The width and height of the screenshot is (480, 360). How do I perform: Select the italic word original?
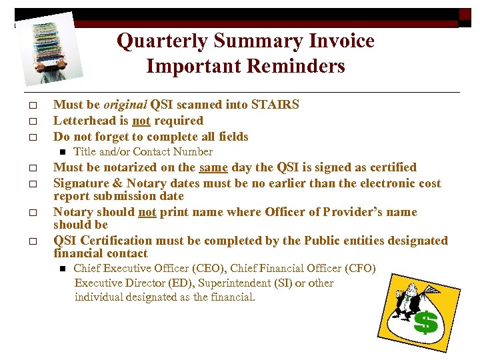(125, 105)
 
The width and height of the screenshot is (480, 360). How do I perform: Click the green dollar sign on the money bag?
(426, 323)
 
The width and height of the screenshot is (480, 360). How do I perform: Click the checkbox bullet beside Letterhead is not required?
(31, 121)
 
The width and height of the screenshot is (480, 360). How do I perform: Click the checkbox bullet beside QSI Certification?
(31, 241)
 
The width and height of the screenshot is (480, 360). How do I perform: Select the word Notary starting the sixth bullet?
(74, 212)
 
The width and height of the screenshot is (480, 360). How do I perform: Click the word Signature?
(80, 183)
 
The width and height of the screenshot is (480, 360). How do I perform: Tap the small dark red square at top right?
(465, 14)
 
